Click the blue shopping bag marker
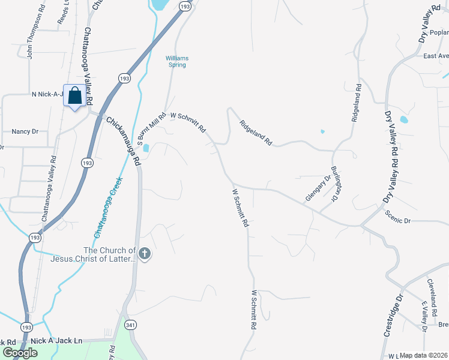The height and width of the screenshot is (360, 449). pos(74,96)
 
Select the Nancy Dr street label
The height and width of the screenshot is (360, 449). pos(25,131)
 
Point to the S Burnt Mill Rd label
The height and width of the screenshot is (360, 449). pos(151,130)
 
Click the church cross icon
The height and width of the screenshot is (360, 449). pos(144,255)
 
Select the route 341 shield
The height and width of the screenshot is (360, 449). pos(131,324)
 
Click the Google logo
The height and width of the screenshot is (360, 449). pos(20,353)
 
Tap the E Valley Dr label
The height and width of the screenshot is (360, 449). pos(424,316)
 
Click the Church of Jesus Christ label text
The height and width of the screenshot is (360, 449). pos(109,255)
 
